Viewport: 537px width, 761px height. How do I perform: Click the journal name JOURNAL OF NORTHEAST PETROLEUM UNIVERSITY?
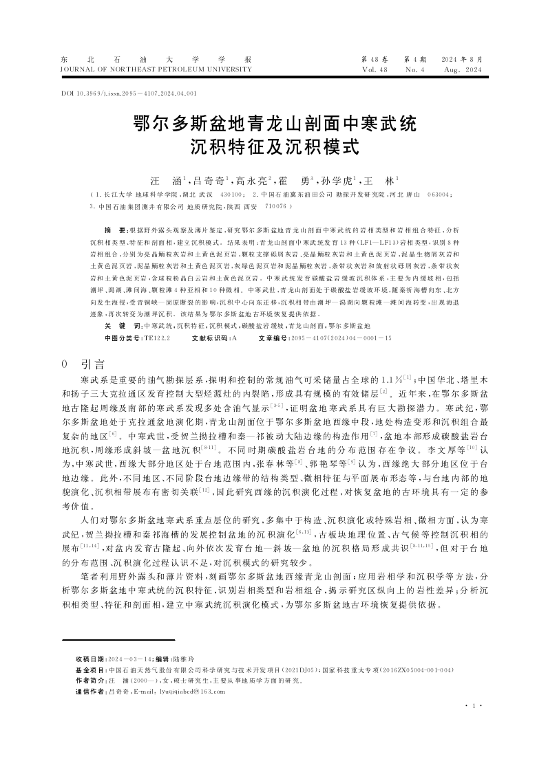click(x=147, y=69)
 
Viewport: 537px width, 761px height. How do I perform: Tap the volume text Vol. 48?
click(x=375, y=69)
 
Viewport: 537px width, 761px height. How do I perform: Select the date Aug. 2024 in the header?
click(x=463, y=69)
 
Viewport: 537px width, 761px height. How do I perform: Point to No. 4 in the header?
click(x=415, y=69)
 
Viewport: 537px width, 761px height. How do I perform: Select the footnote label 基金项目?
click(x=90, y=670)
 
